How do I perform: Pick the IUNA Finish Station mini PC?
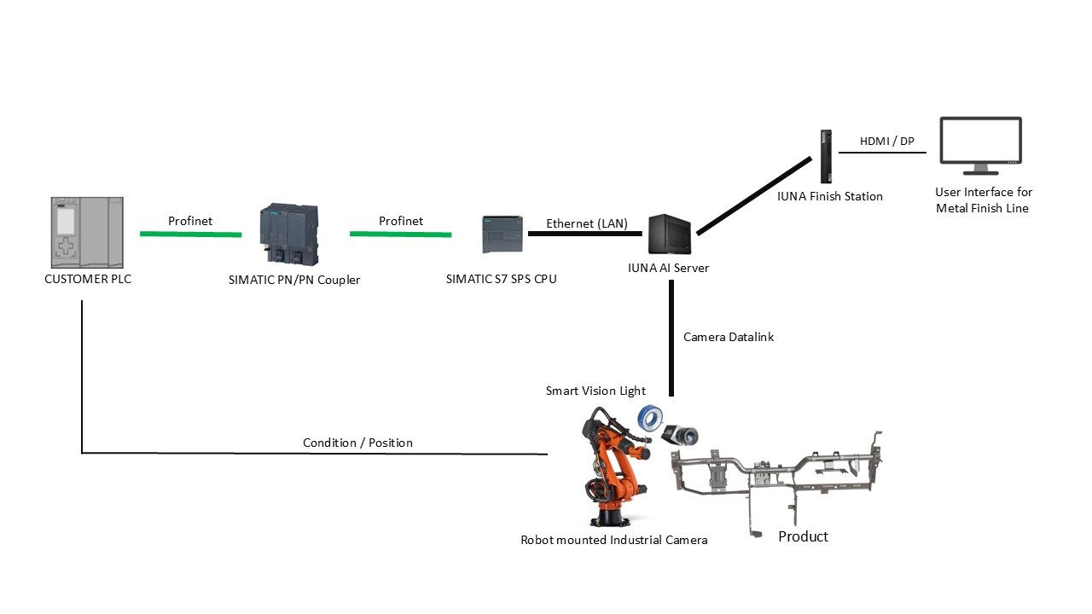tap(825, 156)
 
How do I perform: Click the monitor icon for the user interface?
tap(980, 146)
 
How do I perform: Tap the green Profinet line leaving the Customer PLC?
tap(190, 234)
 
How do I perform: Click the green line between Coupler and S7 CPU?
tap(400, 234)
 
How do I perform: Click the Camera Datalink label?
tap(728, 337)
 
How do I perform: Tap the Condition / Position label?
tap(357, 443)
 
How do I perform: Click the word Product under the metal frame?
tap(803, 536)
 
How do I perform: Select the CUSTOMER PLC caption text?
tap(88, 279)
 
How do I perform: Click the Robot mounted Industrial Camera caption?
tap(613, 540)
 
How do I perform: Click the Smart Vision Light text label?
tap(595, 391)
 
